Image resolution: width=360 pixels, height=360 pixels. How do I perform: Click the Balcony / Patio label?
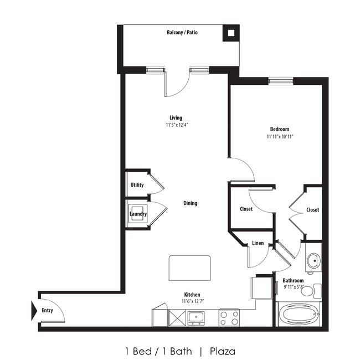pyautogui.click(x=182, y=33)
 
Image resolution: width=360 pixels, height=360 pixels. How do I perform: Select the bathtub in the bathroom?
pyautogui.click(x=299, y=315)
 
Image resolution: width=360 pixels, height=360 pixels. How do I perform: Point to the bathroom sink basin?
pyautogui.click(x=313, y=260)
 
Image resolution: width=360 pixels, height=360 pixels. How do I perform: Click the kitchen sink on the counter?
pyautogui.click(x=196, y=317)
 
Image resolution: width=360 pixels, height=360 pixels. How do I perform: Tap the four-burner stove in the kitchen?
pyautogui.click(x=229, y=317)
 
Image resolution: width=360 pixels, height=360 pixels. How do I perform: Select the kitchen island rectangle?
pyautogui.click(x=189, y=270)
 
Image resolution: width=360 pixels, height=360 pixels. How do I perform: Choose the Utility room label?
pyautogui.click(x=137, y=185)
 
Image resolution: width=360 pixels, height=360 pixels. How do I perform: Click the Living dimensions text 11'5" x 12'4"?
pyautogui.click(x=176, y=125)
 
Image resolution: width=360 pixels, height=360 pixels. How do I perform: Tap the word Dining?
pyautogui.click(x=190, y=203)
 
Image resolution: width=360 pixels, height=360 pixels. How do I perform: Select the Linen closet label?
pyautogui.click(x=258, y=243)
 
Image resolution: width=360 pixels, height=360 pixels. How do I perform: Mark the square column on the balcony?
pyautogui.click(x=230, y=34)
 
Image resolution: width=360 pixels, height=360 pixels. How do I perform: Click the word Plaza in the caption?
pyautogui.click(x=222, y=351)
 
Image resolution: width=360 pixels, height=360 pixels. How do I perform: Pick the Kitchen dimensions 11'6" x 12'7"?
pyautogui.click(x=192, y=302)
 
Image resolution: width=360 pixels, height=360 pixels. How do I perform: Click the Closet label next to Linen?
pyautogui.click(x=246, y=209)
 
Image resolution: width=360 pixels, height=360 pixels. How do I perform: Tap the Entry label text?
pyautogui.click(x=48, y=310)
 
